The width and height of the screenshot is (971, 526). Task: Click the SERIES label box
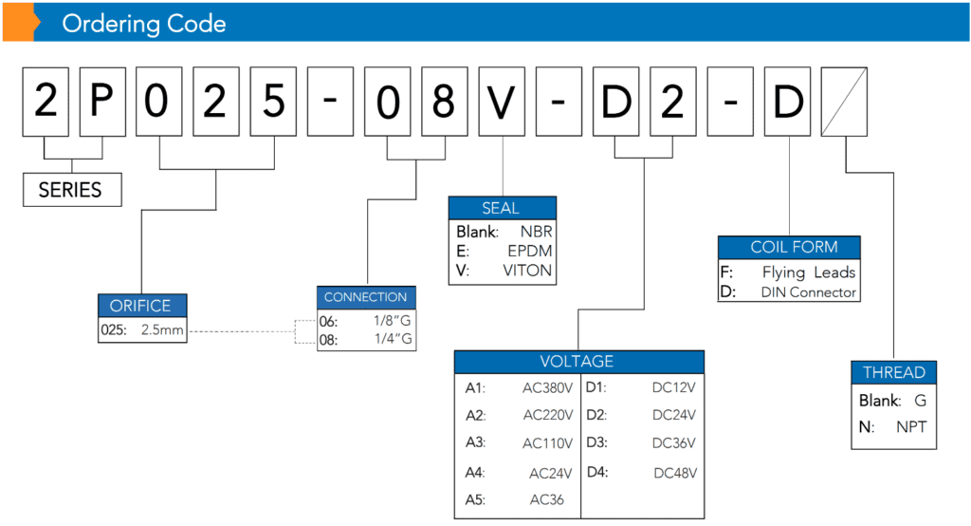72,189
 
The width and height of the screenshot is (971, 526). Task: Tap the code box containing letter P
102,102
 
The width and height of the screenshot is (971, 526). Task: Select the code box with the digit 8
445,102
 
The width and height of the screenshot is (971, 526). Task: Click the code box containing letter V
502,102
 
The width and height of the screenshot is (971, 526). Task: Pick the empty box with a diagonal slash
844,102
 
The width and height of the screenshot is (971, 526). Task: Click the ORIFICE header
142,305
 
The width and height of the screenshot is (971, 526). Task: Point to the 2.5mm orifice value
162,329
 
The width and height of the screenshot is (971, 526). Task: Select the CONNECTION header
366,297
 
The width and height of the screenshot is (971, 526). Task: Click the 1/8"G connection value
392,321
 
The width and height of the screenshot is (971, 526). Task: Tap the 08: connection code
328,340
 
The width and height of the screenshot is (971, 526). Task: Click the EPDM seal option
529,251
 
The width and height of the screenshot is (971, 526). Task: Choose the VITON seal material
527,271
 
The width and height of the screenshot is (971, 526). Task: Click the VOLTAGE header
579,362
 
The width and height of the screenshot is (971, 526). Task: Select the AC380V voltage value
547,387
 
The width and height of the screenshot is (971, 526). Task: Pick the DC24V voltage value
674,415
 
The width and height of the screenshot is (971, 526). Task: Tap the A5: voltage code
475,499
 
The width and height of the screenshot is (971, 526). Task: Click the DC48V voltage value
675,473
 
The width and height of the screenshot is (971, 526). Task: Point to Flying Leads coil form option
809,272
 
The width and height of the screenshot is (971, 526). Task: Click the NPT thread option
911,426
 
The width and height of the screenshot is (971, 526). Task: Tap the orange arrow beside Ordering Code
21,23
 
